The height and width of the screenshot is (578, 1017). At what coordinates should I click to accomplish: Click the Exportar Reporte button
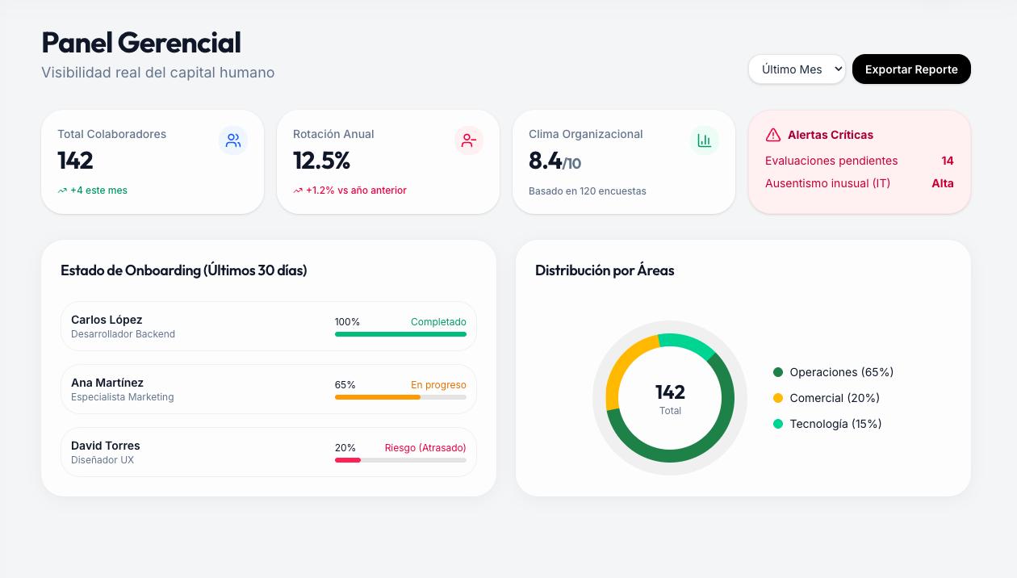point(911,69)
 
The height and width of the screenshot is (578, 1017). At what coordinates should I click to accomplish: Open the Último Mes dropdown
point(797,69)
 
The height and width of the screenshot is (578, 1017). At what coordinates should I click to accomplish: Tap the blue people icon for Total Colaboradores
point(233,140)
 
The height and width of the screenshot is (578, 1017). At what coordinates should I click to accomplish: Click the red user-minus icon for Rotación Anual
point(468,140)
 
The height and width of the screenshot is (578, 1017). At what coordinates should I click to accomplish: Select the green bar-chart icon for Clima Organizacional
point(704,140)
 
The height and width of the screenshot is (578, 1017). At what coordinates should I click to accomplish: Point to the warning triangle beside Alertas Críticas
point(772,135)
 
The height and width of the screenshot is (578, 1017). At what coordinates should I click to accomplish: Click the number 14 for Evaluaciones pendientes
point(947,161)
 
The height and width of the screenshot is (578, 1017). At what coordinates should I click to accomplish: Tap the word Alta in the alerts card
point(943,183)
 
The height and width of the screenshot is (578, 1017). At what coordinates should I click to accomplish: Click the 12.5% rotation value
point(321,161)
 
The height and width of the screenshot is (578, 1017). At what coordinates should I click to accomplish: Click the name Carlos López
point(107,320)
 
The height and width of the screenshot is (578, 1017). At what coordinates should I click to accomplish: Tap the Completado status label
point(438,322)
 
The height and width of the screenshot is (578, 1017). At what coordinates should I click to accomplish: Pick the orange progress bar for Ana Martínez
point(378,397)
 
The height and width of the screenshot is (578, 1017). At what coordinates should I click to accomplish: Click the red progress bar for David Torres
point(348,460)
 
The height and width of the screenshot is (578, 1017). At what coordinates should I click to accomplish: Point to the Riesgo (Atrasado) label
point(425,448)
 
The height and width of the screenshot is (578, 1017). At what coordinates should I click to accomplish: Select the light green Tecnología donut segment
point(686,343)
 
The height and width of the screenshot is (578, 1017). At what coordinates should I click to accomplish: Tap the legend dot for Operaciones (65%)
point(778,372)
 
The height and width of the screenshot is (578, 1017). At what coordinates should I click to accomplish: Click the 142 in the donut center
point(670,392)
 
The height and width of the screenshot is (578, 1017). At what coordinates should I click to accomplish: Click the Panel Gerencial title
point(141,43)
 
